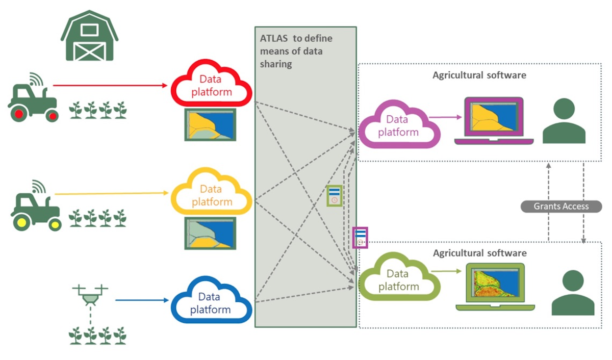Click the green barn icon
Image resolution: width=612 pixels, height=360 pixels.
tap(89, 37)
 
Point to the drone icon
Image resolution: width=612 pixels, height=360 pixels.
tap(90, 294)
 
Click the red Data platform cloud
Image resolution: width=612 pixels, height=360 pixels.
tap(211, 86)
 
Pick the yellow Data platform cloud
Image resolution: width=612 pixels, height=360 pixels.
tap(211, 195)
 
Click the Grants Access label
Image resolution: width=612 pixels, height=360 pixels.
tap(561, 207)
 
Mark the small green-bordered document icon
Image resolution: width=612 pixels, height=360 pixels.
tap(334, 195)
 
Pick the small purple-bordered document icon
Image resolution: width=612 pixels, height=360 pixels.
tap(360, 238)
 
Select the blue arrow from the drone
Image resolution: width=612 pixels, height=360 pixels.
tap(142, 300)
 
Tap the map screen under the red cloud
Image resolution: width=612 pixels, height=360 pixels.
tap(211, 125)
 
